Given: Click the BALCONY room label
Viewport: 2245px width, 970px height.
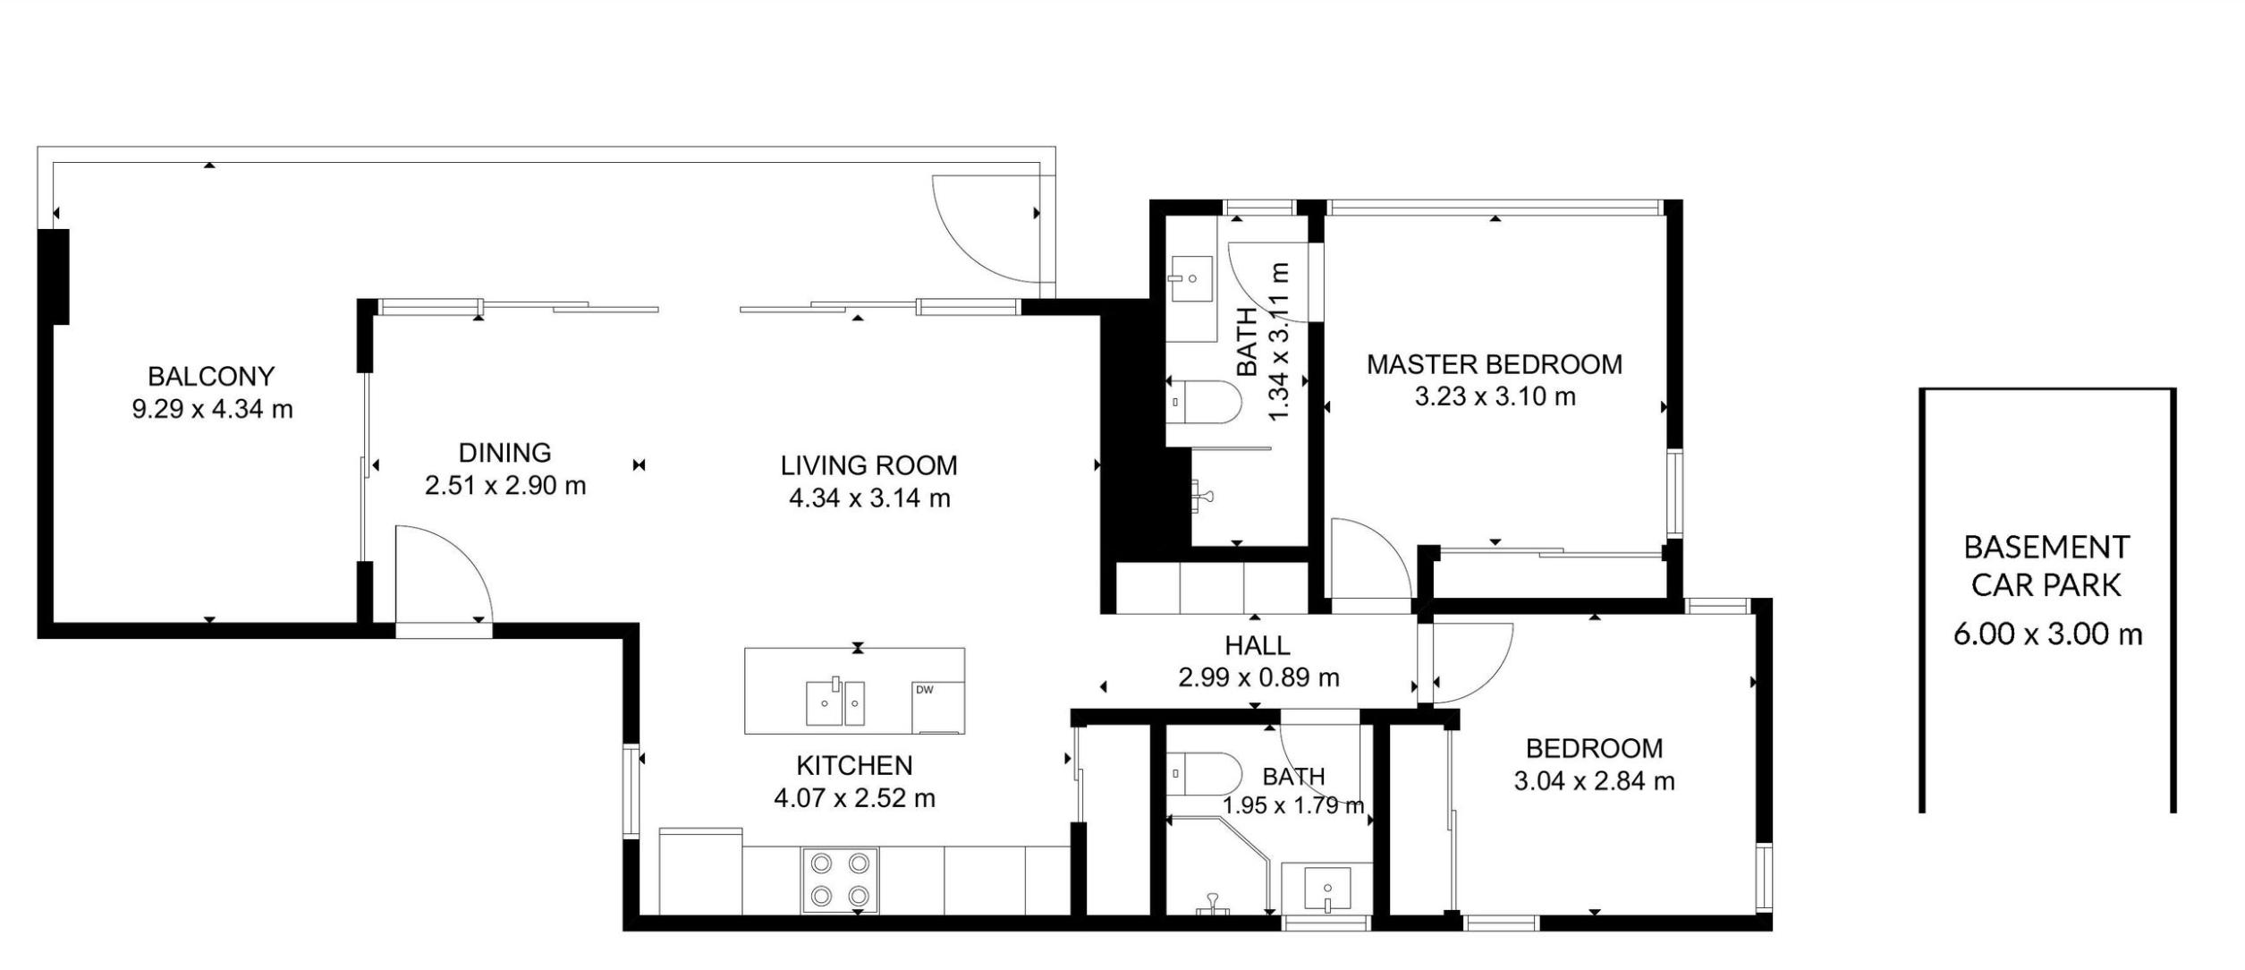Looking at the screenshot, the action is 211,376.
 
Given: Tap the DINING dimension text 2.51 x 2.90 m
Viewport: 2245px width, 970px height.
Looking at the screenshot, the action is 505,486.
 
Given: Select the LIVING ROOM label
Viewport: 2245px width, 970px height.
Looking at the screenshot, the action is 868,465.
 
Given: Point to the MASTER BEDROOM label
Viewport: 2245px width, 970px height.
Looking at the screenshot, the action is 1495,364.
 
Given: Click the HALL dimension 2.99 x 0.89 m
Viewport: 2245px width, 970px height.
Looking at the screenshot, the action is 1258,677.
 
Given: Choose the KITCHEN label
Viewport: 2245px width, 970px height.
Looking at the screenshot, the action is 854,765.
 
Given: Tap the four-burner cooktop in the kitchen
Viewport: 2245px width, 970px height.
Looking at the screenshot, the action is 840,880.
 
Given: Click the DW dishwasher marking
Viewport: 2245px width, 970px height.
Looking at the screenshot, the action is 924,690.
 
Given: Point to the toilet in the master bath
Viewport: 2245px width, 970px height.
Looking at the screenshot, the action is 1203,403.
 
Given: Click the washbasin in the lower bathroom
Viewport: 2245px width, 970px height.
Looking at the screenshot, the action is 1327,889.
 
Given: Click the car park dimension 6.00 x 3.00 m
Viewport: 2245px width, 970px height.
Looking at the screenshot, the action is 2047,634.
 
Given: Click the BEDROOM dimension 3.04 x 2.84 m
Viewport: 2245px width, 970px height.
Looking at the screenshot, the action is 1594,781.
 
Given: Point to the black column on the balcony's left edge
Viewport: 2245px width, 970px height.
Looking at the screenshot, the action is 54,277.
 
